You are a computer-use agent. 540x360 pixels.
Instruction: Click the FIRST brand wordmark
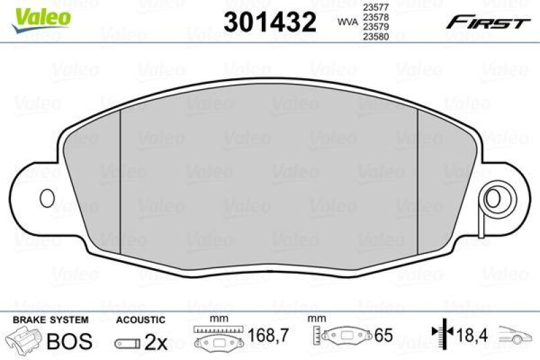(487, 22)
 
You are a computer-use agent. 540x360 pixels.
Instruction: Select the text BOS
(69, 341)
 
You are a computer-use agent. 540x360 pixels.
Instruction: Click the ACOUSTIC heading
(140, 319)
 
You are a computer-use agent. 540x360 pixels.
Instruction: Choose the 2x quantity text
(156, 342)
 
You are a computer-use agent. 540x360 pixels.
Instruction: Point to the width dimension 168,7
(265, 335)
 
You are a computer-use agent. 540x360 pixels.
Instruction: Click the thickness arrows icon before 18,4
(439, 334)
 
